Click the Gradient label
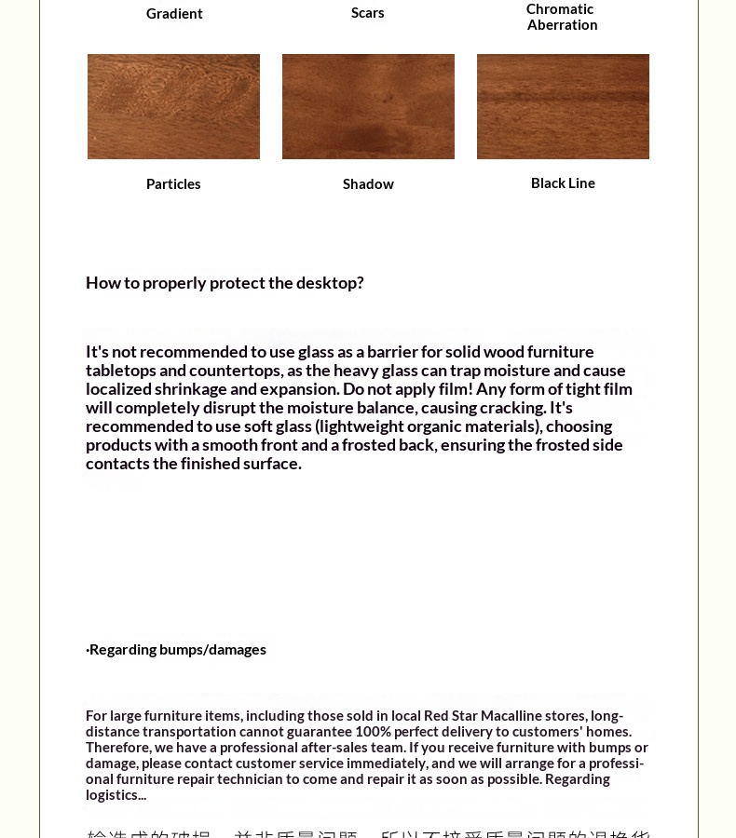point(174,13)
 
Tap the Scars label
point(368,12)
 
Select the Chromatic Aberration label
point(561,17)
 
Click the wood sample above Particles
point(173,106)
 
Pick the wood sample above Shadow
point(368,106)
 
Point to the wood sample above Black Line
point(563,106)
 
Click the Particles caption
point(173,183)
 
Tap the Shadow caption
point(368,183)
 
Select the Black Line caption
point(563,182)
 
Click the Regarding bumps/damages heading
point(176,649)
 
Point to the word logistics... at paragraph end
point(116,794)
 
